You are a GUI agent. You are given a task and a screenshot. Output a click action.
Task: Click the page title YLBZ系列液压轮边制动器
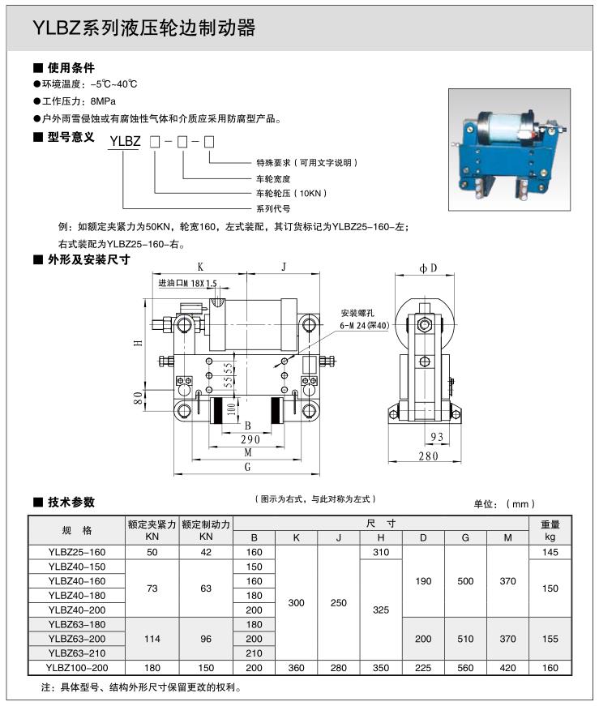[143, 28]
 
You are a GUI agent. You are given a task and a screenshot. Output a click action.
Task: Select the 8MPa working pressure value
[103, 102]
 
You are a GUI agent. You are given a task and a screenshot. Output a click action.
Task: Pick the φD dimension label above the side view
[428, 267]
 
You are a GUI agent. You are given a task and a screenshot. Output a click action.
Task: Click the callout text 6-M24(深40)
[366, 325]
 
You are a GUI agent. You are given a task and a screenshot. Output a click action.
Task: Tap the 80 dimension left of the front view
[139, 398]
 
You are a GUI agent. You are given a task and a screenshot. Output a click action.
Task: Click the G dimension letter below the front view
[248, 469]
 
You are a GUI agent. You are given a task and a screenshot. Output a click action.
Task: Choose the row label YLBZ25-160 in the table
[77, 552]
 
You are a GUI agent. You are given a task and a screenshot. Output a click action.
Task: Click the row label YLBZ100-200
[77, 668]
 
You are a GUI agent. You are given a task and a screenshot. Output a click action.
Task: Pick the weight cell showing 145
[550, 552]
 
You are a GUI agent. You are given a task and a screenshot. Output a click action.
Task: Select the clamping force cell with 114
[152, 639]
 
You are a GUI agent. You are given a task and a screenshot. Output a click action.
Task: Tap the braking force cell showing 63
[206, 588]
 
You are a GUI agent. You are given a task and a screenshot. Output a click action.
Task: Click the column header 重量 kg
[550, 530]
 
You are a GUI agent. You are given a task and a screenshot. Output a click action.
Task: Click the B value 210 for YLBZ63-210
[255, 653]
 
